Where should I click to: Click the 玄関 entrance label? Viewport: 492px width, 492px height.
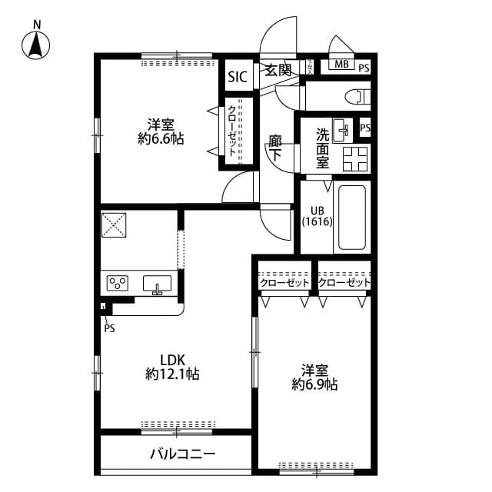pos(278,70)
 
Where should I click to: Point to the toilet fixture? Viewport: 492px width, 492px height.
pos(357,97)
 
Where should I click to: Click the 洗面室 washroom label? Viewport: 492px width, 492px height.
pos(323,148)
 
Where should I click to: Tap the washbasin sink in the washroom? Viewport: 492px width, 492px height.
pos(342,128)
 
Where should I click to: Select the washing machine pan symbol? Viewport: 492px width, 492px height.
pos(355,158)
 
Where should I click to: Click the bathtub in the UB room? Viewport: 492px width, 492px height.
pos(353,218)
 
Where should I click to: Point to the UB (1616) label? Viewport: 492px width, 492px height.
pos(316,216)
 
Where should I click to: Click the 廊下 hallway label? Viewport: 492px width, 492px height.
pos(274,148)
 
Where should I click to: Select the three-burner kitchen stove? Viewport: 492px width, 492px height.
pos(118,284)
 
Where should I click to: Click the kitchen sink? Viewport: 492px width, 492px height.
pos(158,284)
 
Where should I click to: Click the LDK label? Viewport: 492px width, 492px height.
pos(172,359)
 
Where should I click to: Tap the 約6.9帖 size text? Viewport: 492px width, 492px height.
pos(314,384)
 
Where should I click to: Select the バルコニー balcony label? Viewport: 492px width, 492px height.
pos(182,454)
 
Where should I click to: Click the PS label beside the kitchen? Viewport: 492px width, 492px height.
pos(109,327)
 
